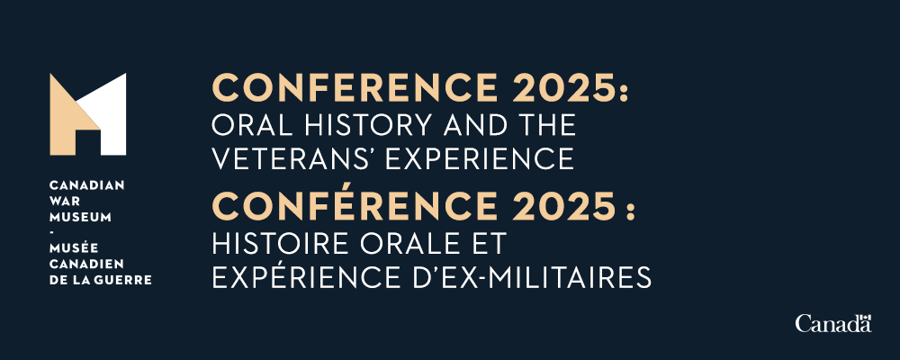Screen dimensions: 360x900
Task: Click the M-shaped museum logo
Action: [87, 114]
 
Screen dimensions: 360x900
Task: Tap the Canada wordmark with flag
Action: [833, 323]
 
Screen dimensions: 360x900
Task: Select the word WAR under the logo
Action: [63, 200]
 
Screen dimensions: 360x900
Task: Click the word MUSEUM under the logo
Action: [75, 216]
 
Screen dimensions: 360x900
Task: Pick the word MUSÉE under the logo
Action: [70, 247]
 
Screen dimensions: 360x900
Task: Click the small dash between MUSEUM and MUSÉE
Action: [52, 231]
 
